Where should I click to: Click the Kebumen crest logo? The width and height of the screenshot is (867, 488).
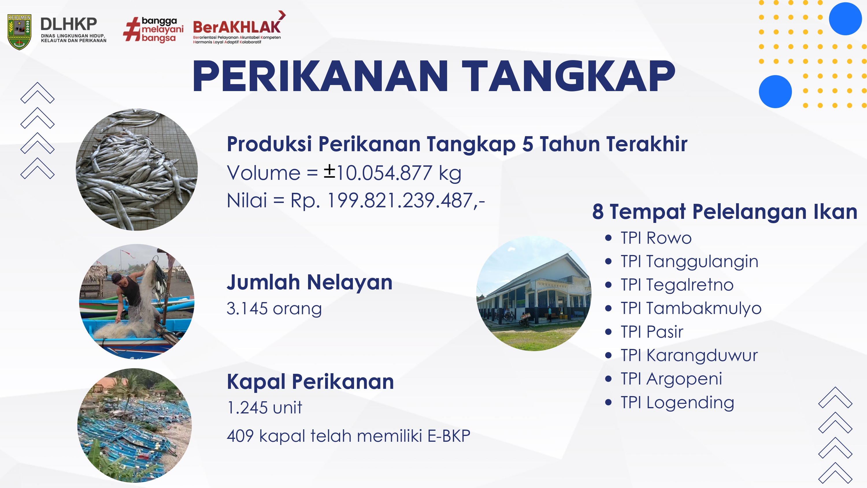19,32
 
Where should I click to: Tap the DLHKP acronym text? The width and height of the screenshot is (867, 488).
69,24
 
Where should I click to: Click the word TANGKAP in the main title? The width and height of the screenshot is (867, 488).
568,76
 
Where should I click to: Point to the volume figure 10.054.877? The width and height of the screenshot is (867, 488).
384,173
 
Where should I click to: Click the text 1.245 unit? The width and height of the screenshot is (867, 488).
264,408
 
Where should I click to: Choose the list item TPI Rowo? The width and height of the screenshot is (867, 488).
656,238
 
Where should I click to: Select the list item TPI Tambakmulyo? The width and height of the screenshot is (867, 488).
691,308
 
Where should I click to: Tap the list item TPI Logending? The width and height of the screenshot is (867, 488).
677,403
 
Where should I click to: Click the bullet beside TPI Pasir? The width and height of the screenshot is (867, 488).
608,332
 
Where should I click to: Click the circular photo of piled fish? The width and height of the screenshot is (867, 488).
137,169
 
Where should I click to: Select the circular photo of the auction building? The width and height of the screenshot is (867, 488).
534,293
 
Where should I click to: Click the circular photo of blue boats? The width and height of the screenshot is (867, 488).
135,425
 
